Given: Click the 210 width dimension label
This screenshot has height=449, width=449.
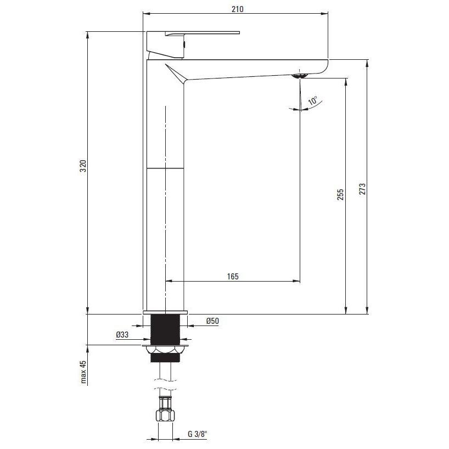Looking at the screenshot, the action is click(237, 9).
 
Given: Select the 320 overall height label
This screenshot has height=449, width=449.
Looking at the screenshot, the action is click(83, 166).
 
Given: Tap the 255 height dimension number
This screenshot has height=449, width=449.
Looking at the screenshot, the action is click(340, 194).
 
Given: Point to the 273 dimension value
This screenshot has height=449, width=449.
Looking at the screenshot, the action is click(362, 189).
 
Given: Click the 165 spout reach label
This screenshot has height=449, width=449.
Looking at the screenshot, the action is click(233, 277).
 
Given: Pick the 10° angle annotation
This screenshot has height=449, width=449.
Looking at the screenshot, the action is click(313, 101).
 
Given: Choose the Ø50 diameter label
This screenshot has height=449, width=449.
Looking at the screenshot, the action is click(212, 321).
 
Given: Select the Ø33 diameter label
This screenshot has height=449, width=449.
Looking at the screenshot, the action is click(122, 334).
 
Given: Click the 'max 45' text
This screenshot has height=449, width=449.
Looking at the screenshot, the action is click(83, 372).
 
